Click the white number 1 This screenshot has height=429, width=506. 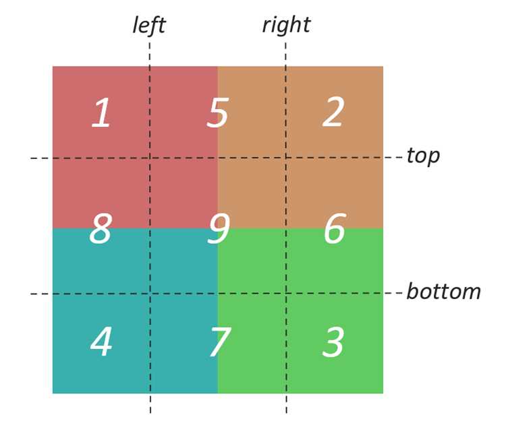(101, 112)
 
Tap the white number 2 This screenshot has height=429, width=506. (333, 111)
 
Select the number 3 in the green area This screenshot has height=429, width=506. (333, 341)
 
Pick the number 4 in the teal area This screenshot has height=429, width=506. (101, 341)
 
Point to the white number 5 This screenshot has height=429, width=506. (218, 112)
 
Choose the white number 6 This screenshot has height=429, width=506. (335, 228)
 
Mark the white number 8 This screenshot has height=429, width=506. (101, 229)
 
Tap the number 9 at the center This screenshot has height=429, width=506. (219, 229)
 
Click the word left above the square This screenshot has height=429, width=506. (149, 25)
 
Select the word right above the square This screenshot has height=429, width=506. (287, 25)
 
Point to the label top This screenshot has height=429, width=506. (423, 156)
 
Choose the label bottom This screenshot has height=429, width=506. (444, 291)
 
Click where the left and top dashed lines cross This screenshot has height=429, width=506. (150, 158)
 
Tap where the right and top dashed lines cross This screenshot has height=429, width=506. (286, 158)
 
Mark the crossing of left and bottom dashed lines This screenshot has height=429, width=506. (150, 294)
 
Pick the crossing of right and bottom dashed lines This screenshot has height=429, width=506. (286, 294)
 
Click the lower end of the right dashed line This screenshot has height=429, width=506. (287, 413)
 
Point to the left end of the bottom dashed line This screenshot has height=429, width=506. (30, 294)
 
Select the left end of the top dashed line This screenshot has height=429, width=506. (30, 158)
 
